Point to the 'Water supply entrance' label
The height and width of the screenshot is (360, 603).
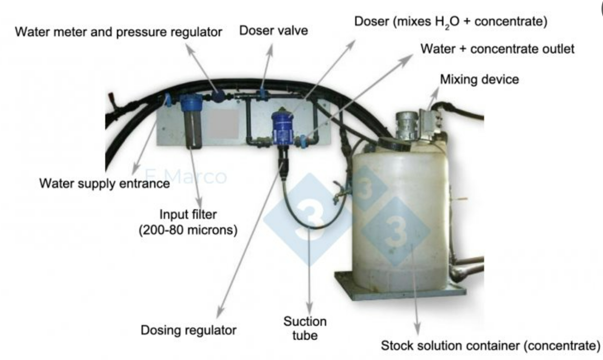pos(104,184)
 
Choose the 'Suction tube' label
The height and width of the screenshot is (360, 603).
pos(305,329)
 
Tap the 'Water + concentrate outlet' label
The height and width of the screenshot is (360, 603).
pos(497,50)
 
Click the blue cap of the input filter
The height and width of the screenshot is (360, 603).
pos(189,103)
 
